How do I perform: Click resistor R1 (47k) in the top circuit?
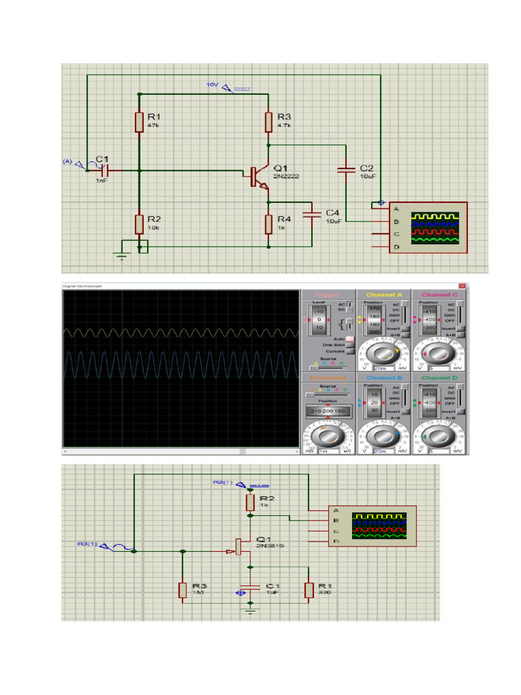(x=139, y=122)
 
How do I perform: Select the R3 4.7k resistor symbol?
(x=269, y=122)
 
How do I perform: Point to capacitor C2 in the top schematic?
(x=346, y=169)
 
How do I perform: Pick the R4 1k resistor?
(x=269, y=223)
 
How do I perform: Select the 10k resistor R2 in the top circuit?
(x=139, y=223)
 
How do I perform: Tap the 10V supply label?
(x=213, y=85)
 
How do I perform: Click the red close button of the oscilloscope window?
(x=463, y=286)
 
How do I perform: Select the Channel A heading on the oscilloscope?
(x=384, y=295)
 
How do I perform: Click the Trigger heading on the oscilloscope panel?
(x=328, y=295)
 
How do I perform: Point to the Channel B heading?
(x=384, y=377)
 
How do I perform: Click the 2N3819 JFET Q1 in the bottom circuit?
(x=240, y=546)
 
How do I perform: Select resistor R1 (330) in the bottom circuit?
(x=309, y=590)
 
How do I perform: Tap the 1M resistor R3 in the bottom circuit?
(x=182, y=590)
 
